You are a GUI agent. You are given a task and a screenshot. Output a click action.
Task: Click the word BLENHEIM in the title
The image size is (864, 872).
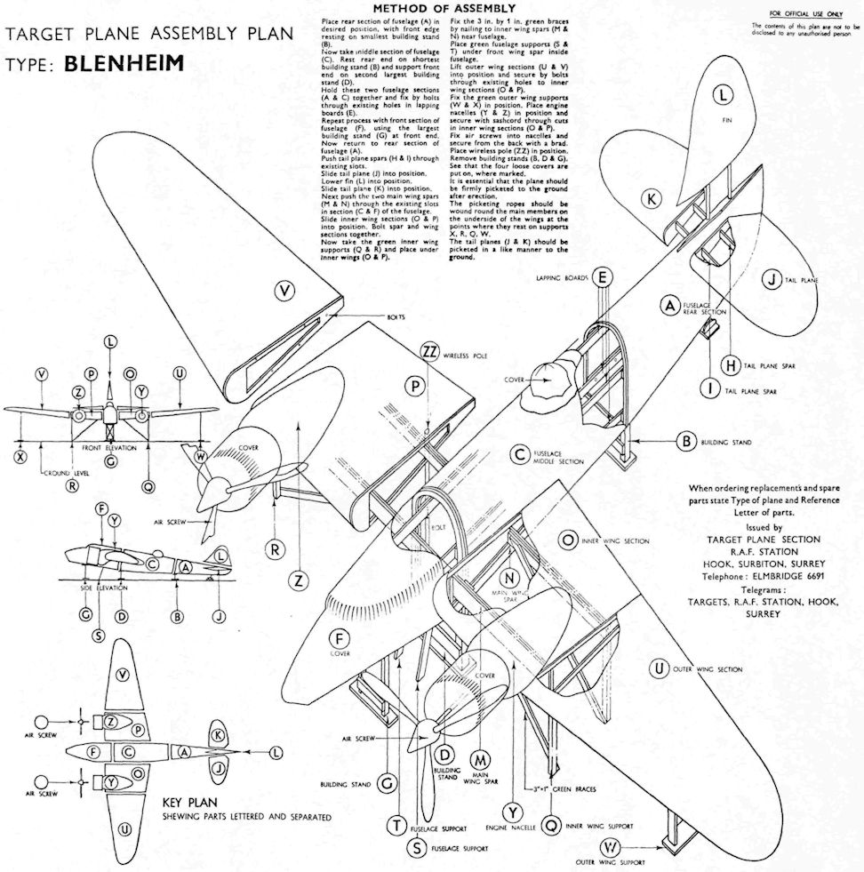pos(126,66)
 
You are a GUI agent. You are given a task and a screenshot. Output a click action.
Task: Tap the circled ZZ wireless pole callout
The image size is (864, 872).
pos(430,352)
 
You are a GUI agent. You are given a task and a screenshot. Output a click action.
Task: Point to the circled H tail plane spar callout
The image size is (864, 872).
pos(731,364)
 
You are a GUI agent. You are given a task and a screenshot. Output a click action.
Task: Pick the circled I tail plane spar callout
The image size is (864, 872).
pos(709,389)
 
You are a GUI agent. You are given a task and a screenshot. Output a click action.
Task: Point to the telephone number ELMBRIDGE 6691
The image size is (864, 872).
pos(772,575)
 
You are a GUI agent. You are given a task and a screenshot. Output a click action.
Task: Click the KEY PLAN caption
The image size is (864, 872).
pos(192,801)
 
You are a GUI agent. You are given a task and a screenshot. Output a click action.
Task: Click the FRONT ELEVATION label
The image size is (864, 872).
pos(108,448)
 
